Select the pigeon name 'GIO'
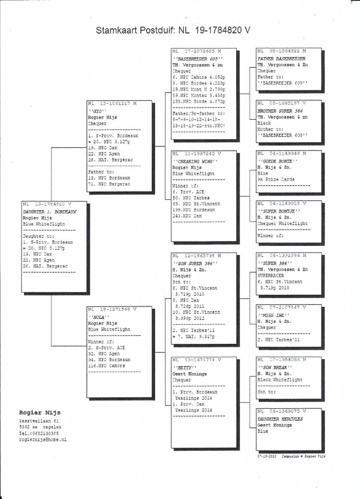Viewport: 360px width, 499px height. (96, 110)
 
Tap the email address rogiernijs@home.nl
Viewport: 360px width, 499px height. (43, 439)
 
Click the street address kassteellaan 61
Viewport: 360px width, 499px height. (40, 421)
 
